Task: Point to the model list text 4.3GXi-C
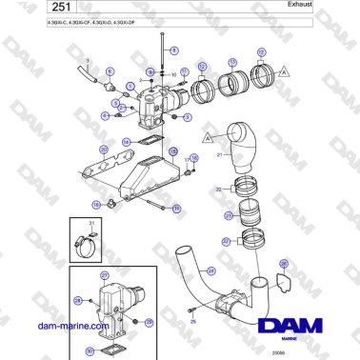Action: pyautogui.click(x=30, y=30)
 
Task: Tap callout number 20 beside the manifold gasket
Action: pyautogui.click(x=103, y=150)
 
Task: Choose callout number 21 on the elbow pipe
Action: pyautogui.click(x=218, y=153)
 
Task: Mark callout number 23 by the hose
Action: pyautogui.click(x=229, y=216)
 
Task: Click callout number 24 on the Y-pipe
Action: pyautogui.click(x=210, y=270)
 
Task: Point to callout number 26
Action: pyautogui.click(x=283, y=263)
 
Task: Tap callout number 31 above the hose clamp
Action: pyautogui.click(x=91, y=224)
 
